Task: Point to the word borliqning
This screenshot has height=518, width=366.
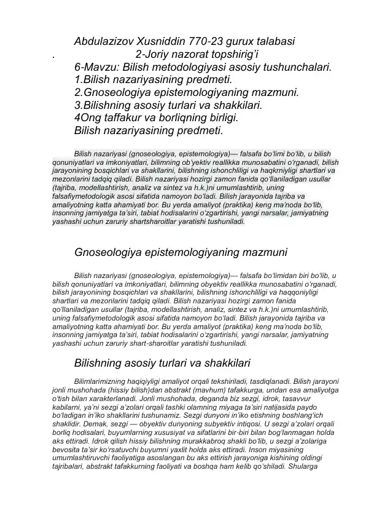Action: click(193, 118)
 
